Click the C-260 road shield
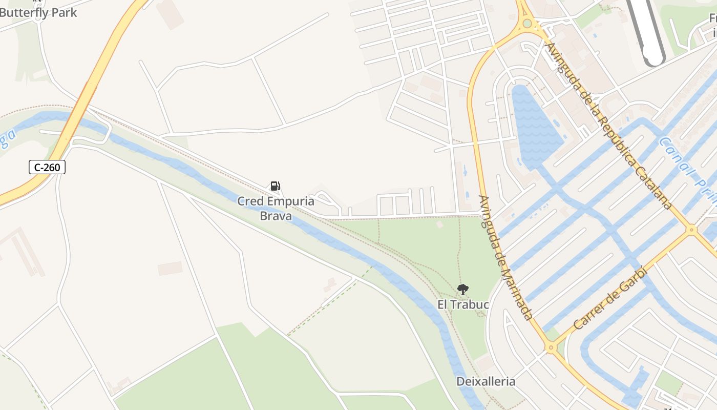(47, 167)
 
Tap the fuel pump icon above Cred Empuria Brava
(275, 186)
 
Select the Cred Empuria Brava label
(276, 208)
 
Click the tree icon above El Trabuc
(463, 290)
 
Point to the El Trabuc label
(463, 305)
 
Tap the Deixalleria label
(486, 381)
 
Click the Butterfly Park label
(38, 12)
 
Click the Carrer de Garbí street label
(610, 298)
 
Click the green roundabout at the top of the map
(527, 24)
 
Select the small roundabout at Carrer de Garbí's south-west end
(551, 348)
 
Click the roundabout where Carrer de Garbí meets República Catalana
(691, 230)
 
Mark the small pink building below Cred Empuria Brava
(170, 268)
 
